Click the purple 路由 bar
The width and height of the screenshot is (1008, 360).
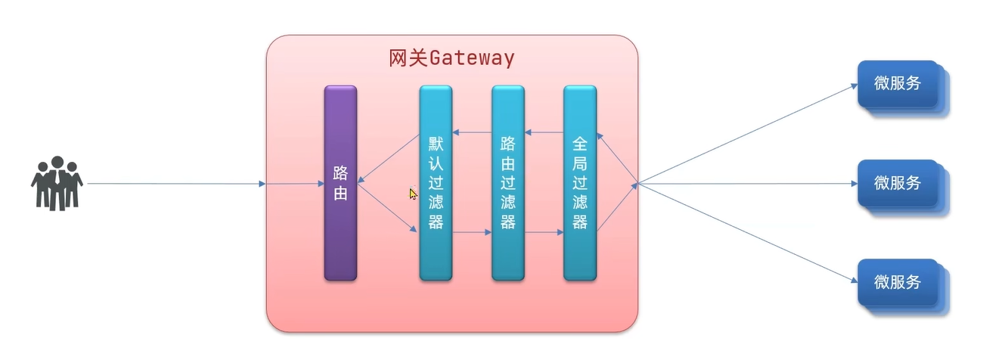340,183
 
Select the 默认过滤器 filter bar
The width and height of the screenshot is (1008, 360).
436,183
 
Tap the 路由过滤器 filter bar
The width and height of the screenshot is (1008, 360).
508,183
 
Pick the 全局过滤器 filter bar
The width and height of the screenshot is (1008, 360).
580,183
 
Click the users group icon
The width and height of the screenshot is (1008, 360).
57,183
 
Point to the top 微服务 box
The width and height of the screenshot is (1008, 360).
898,83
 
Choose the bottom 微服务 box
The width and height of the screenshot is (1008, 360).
898,282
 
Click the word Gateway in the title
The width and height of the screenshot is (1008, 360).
473,58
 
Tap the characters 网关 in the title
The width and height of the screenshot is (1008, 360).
409,58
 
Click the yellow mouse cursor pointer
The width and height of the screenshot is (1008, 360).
413,194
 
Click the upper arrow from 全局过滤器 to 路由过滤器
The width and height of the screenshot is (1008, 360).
544,133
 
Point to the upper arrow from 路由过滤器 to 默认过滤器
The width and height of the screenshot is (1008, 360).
472,133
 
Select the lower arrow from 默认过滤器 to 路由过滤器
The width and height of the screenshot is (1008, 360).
472,233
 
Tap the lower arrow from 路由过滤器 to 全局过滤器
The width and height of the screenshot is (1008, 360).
544,233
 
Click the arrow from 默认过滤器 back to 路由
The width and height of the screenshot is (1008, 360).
389,159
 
